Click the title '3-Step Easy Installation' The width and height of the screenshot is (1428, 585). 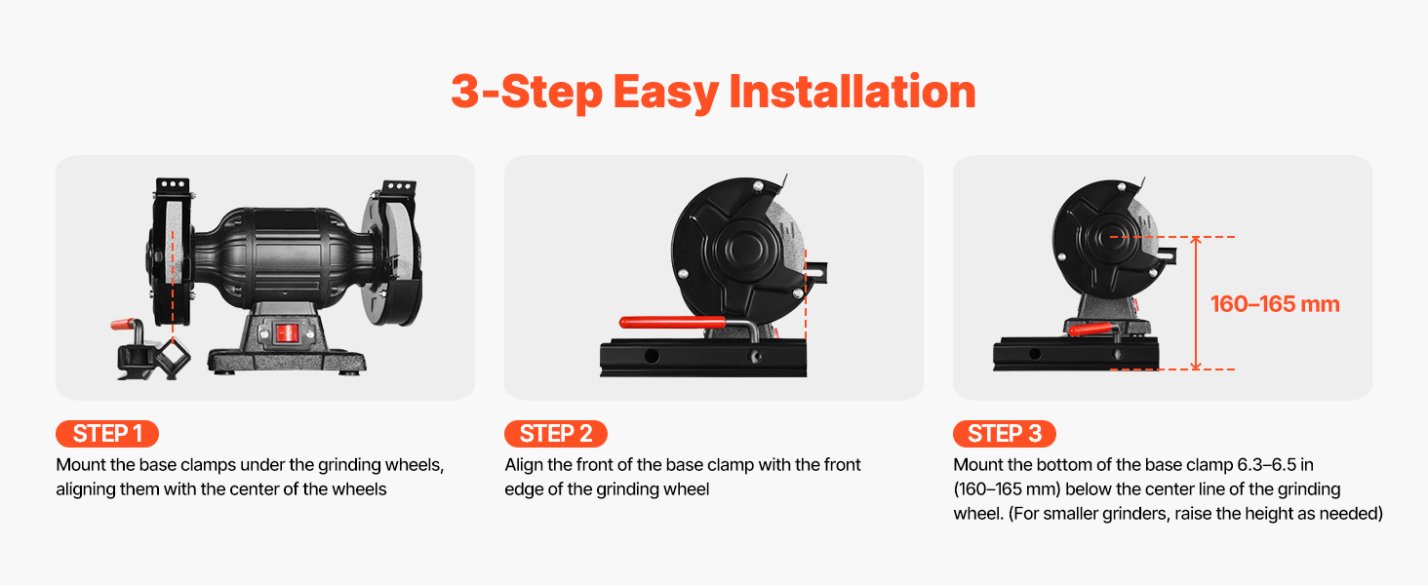pos(713,93)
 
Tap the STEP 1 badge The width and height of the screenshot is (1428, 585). pos(107,434)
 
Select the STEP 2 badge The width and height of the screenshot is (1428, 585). pos(556,434)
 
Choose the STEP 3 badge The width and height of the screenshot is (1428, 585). pos(1005,434)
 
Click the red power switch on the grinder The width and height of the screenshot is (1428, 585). pos(287,332)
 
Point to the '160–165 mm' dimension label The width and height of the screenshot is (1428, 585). pos(1275,304)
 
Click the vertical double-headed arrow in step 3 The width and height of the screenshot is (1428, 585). pos(1196,302)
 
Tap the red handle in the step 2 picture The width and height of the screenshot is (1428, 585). pos(673,323)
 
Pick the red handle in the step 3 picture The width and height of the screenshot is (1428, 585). pos(1092,330)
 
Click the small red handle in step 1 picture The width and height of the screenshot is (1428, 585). pos(126,325)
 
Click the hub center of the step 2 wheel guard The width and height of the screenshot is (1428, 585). pos(742,250)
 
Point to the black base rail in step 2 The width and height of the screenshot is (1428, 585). pos(703,358)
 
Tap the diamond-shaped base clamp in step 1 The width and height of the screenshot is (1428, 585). pos(173,358)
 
